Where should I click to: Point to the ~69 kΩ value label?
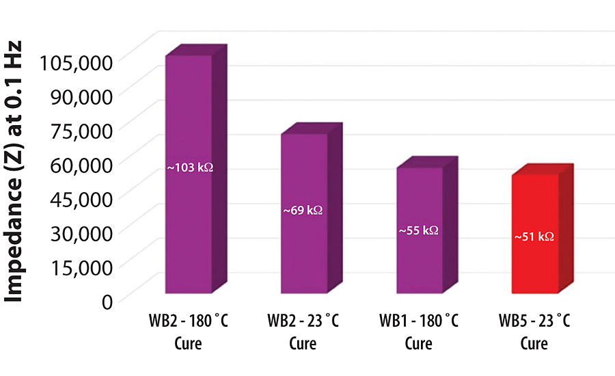303,211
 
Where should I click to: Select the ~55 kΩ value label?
418,230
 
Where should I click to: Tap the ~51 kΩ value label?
534,237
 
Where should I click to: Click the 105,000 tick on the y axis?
75,62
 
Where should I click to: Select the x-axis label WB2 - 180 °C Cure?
188,331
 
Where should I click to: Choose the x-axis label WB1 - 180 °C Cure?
419,331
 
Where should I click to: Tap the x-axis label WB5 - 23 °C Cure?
534,331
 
